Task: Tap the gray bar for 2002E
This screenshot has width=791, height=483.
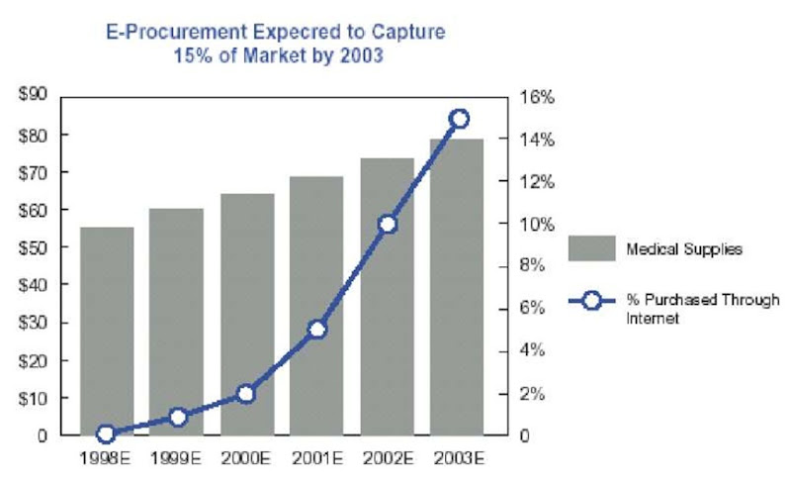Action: click(387, 297)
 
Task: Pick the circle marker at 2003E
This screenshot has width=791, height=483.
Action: click(458, 119)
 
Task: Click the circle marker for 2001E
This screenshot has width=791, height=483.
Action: click(316, 330)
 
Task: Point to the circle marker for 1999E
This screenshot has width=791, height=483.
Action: click(177, 417)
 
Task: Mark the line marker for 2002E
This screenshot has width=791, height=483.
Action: click(388, 224)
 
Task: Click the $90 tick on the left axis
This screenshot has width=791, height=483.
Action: click(34, 96)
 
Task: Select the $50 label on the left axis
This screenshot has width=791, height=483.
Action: click(34, 247)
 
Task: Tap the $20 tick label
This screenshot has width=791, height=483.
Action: click(34, 360)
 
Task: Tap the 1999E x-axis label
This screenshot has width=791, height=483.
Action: click(177, 458)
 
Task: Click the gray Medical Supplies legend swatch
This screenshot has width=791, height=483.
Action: click(591, 248)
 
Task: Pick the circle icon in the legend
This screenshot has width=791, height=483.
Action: click(591, 299)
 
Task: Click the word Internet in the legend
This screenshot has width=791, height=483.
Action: click(648, 319)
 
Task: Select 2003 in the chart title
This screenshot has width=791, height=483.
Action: click(363, 56)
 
